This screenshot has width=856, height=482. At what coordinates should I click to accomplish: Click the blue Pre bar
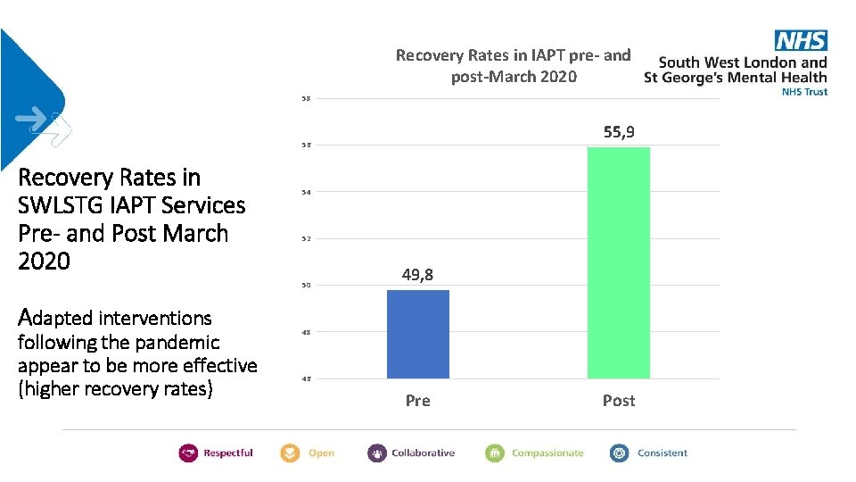point(417,334)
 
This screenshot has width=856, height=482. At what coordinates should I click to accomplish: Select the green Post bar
point(618,262)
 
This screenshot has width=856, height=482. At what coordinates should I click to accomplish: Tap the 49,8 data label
point(417,275)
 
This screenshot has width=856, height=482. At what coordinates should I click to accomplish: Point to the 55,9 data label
point(618,132)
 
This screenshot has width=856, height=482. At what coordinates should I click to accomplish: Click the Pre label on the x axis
point(417,401)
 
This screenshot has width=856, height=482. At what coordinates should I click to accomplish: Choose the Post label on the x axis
point(618,401)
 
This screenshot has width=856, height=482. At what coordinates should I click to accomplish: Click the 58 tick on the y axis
point(306,98)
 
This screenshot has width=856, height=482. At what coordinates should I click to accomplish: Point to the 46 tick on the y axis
point(306,379)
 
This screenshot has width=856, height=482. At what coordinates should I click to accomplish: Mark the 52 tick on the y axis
point(306,239)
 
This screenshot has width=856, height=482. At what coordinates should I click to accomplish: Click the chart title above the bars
point(513,65)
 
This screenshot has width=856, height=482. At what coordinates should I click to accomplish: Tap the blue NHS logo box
point(800,40)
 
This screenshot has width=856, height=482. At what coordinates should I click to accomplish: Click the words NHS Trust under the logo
point(803,91)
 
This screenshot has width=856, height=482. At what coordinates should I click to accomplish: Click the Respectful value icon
point(188,453)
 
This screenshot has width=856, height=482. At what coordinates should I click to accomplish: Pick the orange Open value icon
point(290,453)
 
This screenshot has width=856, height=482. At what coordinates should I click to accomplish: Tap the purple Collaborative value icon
point(376,453)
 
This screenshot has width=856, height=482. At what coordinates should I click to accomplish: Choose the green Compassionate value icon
point(495,453)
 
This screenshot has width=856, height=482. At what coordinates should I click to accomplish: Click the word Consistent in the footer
point(662,453)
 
